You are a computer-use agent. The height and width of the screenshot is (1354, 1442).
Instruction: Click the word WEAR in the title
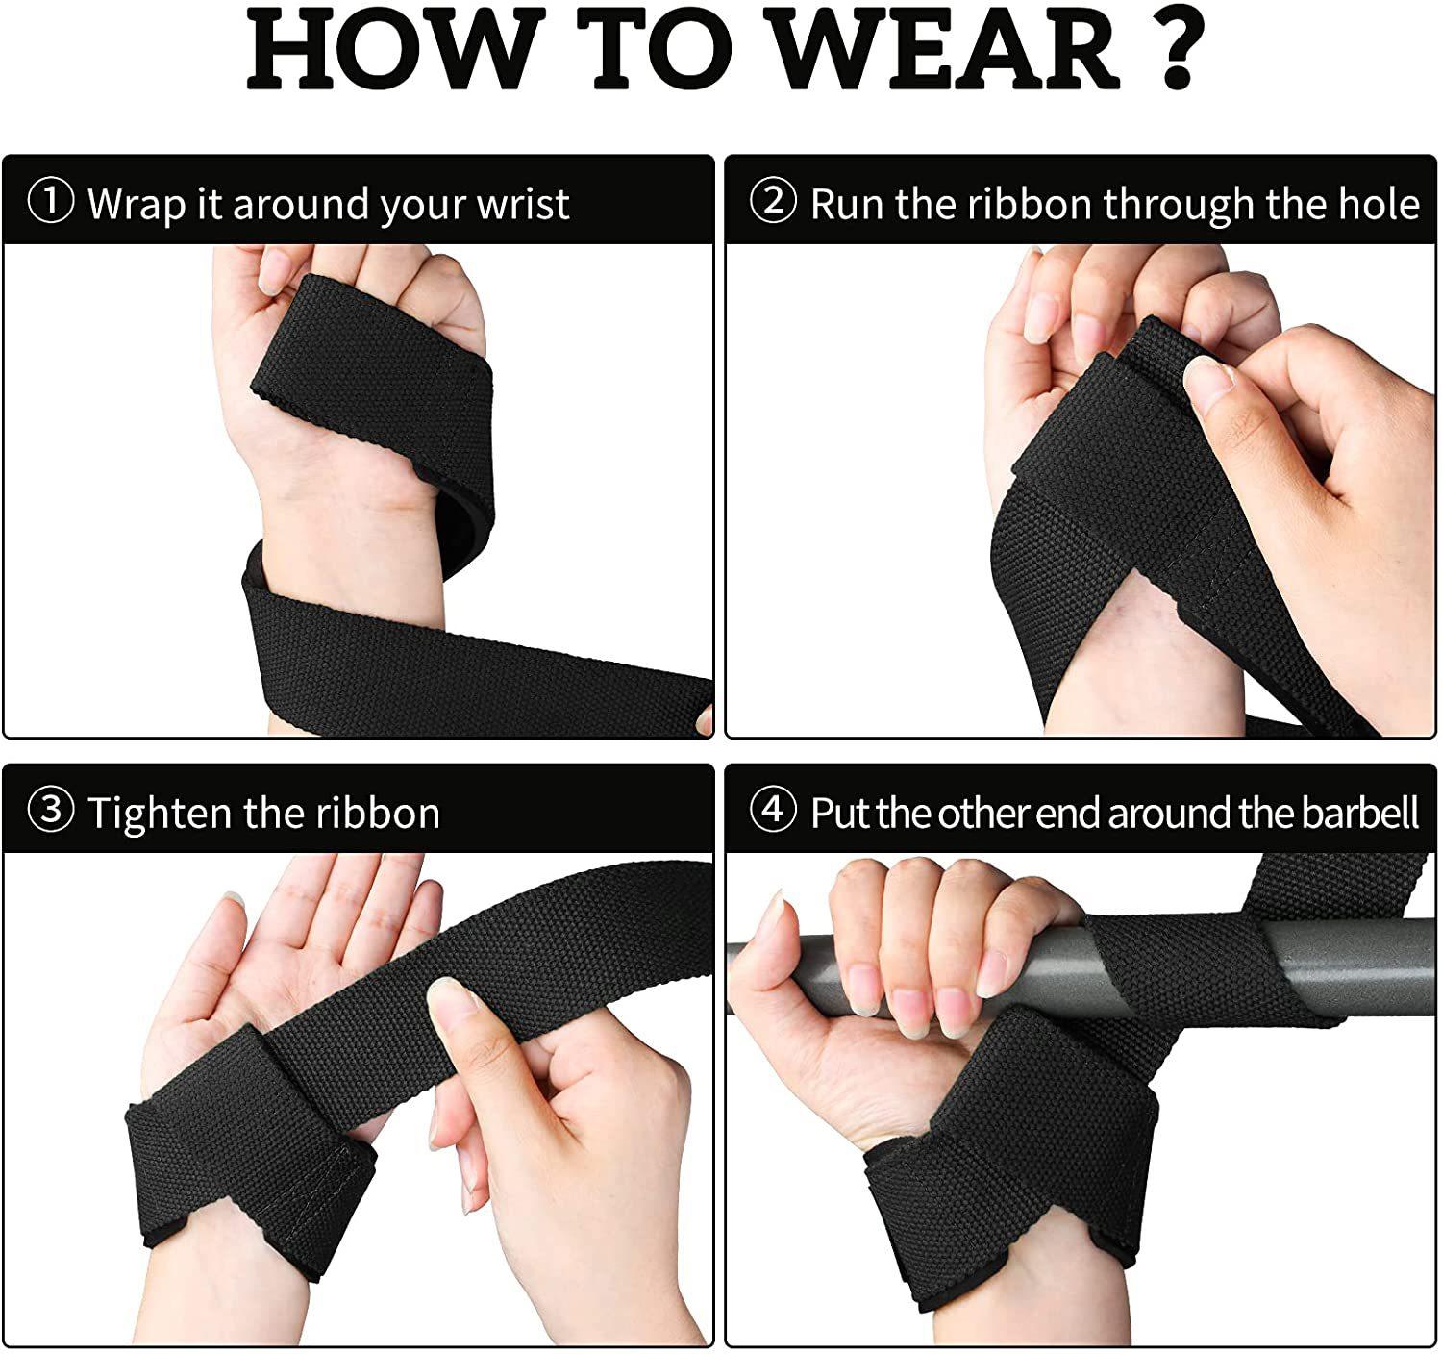[945, 49]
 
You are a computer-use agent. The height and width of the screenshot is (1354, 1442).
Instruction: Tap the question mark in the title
[1178, 48]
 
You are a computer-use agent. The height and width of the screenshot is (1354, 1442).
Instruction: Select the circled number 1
[51, 201]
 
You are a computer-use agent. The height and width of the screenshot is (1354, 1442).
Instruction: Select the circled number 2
[773, 201]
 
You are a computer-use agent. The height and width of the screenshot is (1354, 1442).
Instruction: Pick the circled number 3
[51, 810]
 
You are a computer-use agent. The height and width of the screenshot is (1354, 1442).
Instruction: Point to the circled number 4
[773, 810]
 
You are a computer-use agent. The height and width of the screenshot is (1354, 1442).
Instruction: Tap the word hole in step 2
[1379, 204]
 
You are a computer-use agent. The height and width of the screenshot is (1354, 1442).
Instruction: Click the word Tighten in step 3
[160, 814]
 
